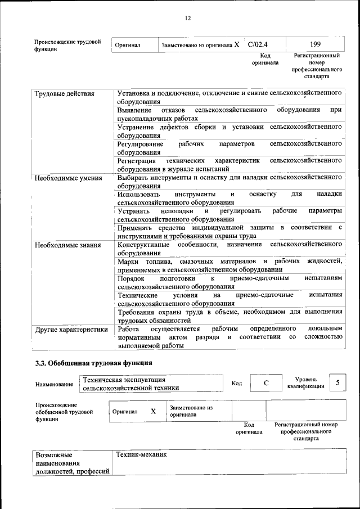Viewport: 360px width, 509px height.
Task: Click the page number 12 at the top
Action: tap(188, 18)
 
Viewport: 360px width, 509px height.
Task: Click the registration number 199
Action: tap(316, 43)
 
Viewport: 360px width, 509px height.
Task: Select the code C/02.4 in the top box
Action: tap(258, 43)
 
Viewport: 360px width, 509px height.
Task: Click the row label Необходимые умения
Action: tap(68, 178)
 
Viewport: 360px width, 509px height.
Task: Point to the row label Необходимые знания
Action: tap(67, 245)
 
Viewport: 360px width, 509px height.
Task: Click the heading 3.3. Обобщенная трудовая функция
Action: tap(93, 362)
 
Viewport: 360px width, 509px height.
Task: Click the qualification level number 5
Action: tap(337, 382)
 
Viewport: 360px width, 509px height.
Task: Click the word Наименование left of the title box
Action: tap(54, 384)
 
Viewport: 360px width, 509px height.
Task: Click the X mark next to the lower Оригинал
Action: tap(153, 411)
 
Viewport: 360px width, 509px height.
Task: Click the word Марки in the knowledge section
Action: tap(128, 262)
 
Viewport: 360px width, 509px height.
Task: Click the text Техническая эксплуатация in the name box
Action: tap(124, 380)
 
